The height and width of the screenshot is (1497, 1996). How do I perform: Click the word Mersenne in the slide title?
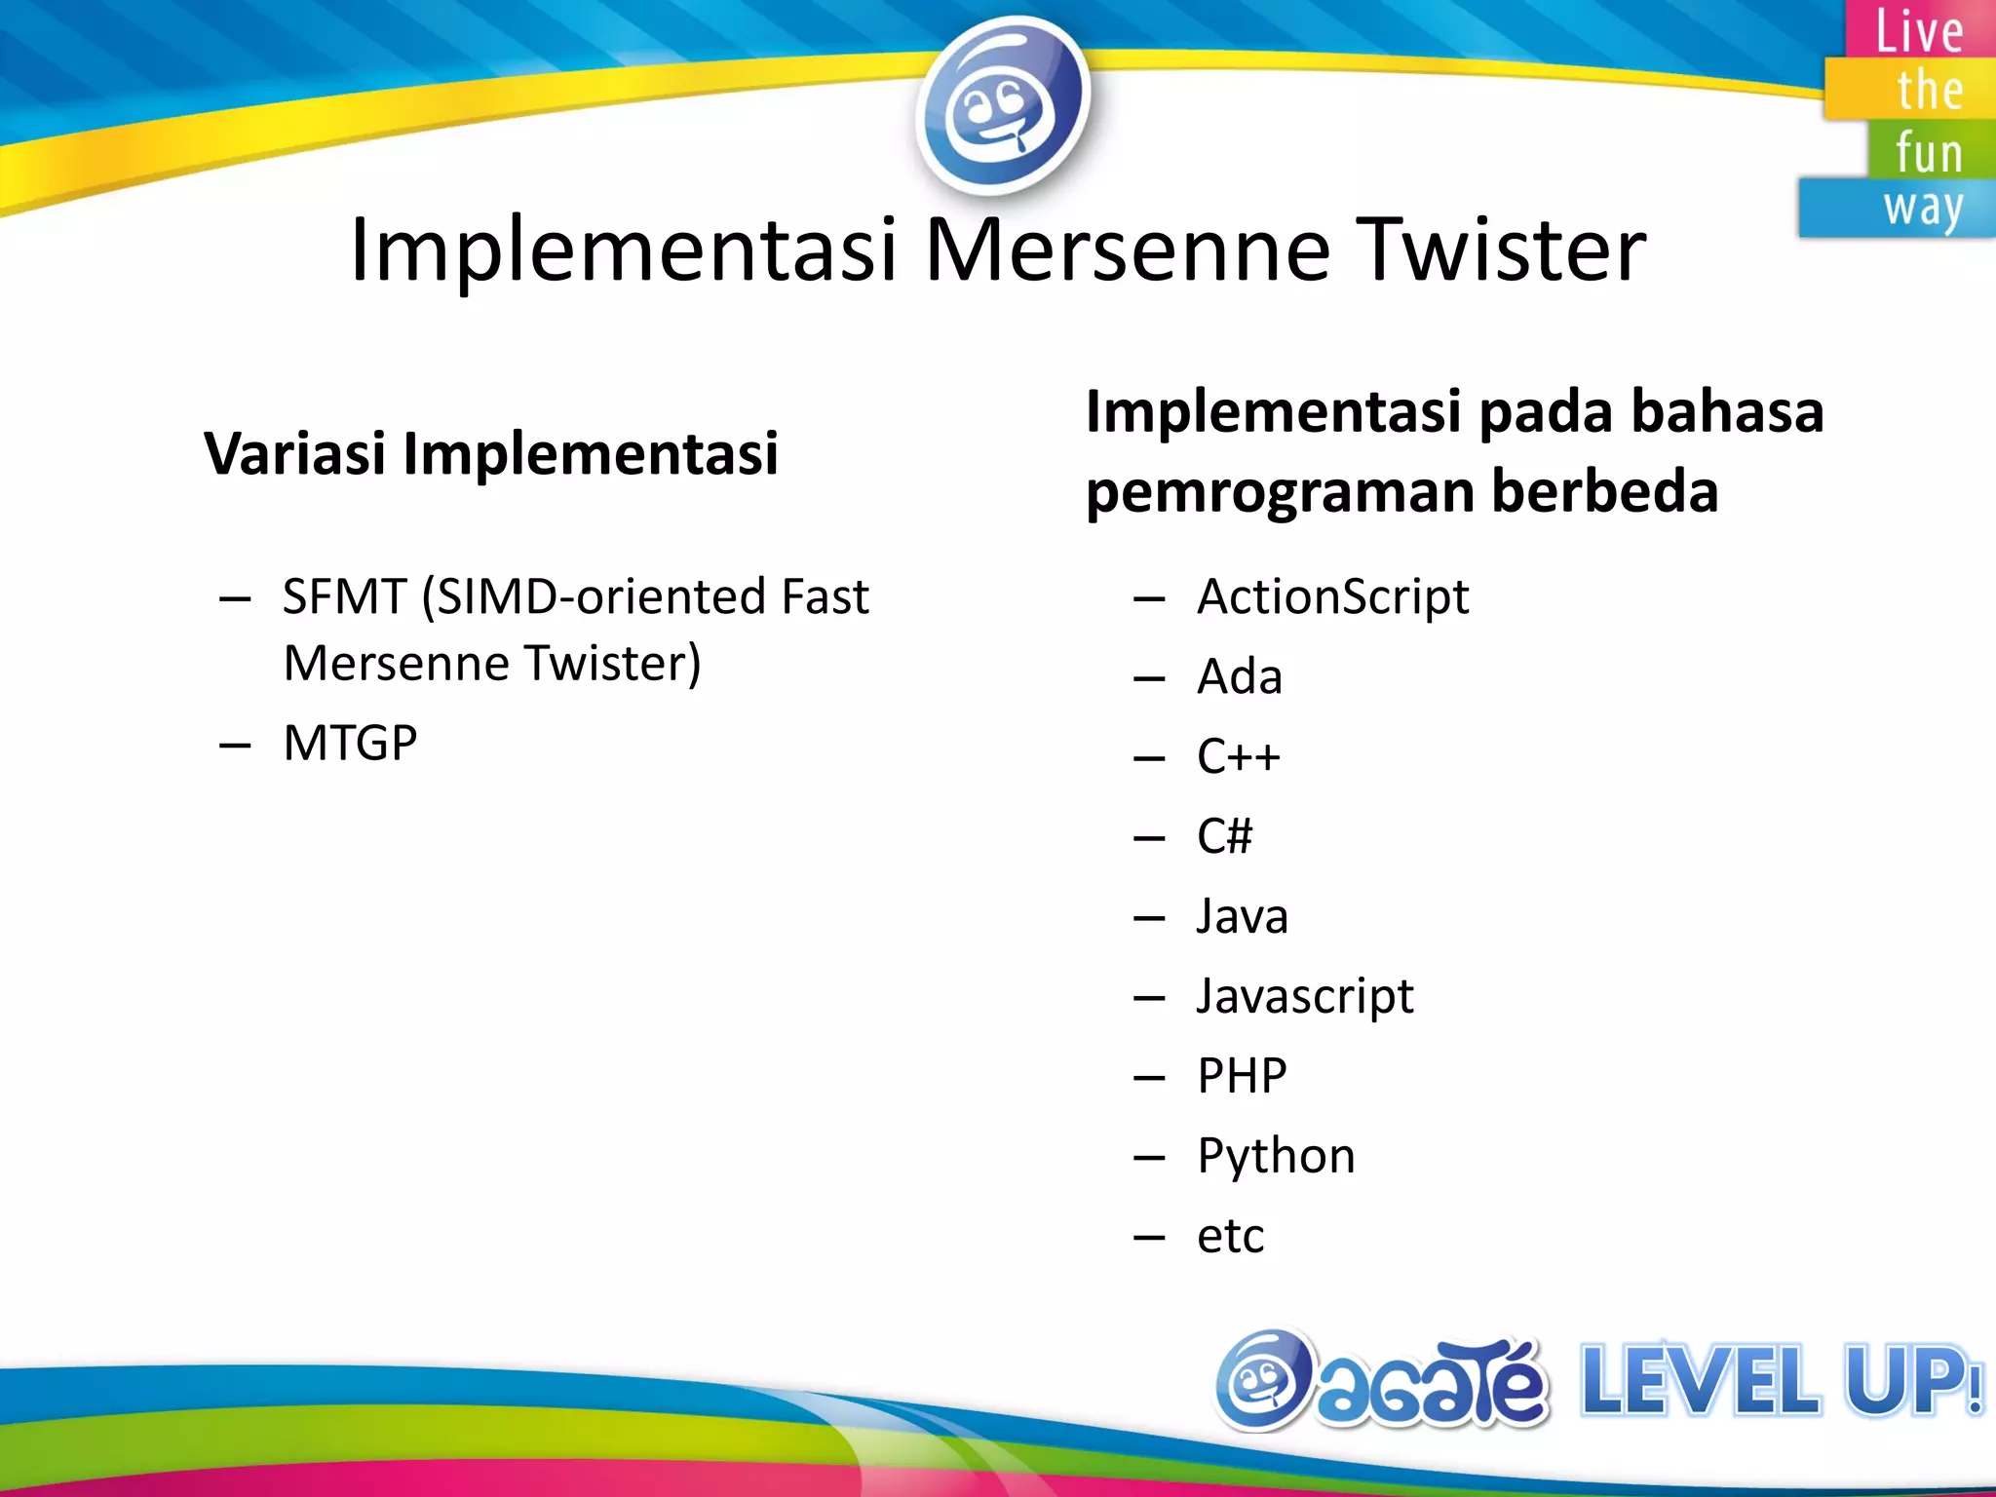tap(1127, 251)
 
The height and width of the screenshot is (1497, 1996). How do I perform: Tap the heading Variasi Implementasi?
tap(491, 454)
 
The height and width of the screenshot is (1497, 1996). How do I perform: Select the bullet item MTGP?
tap(350, 744)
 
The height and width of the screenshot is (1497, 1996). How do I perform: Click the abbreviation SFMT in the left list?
tap(344, 596)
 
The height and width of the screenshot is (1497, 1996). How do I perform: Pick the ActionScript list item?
tap(1332, 596)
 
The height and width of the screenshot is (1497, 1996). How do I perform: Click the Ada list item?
tap(1239, 676)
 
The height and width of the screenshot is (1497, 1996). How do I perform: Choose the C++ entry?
tap(1238, 756)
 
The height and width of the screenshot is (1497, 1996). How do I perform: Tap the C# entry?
tap(1224, 836)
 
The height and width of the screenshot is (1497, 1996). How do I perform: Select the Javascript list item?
tap(1304, 996)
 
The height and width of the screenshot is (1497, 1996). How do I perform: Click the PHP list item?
tap(1242, 1076)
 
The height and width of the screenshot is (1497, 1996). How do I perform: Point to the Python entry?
tap(1276, 1156)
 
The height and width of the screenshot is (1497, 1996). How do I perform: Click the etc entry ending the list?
tap(1230, 1236)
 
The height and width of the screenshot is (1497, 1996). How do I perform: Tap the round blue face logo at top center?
tap(1002, 105)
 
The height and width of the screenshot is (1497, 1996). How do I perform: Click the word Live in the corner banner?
tap(1918, 31)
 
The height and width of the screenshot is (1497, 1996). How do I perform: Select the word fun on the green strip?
tap(1928, 152)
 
